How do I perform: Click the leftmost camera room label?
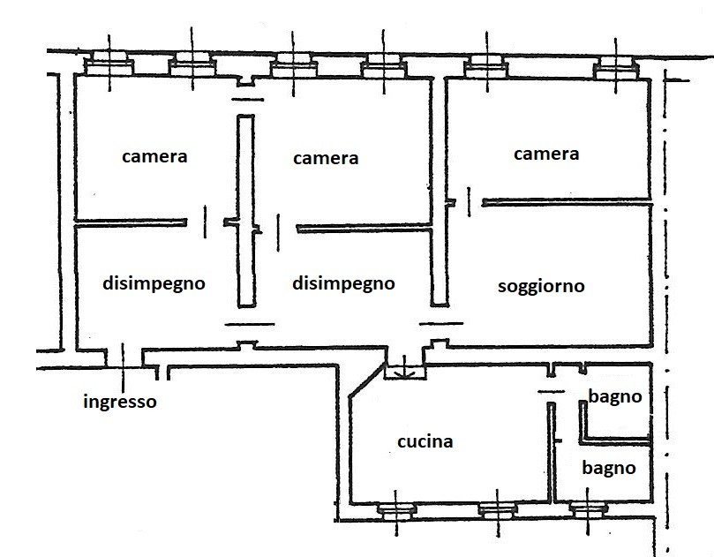point(154,156)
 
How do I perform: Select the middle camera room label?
point(326,158)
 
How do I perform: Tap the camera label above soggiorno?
point(546,154)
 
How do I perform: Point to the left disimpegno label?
point(154,283)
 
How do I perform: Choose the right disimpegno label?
point(343,283)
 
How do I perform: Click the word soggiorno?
point(541,286)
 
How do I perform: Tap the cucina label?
point(425,441)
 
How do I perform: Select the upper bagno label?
point(615,397)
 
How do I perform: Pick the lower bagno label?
point(608,468)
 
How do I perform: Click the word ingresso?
point(120,402)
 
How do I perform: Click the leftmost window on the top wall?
point(109,63)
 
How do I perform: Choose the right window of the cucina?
point(497,509)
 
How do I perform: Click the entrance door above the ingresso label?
point(123,357)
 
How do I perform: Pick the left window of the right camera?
point(485,63)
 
